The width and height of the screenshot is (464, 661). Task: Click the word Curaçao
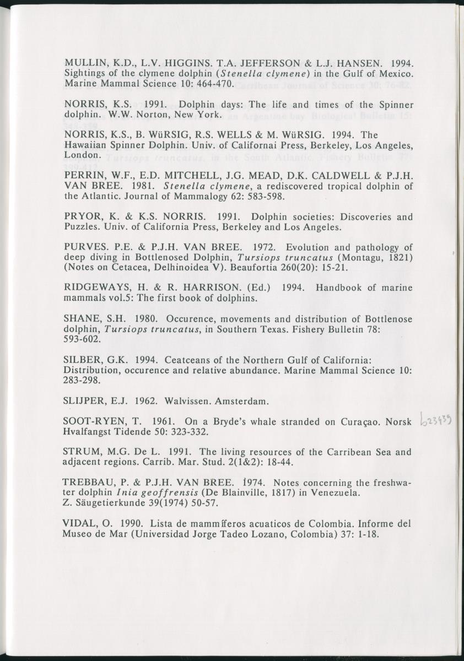tap(355, 422)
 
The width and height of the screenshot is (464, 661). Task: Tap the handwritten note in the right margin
tap(436, 421)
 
